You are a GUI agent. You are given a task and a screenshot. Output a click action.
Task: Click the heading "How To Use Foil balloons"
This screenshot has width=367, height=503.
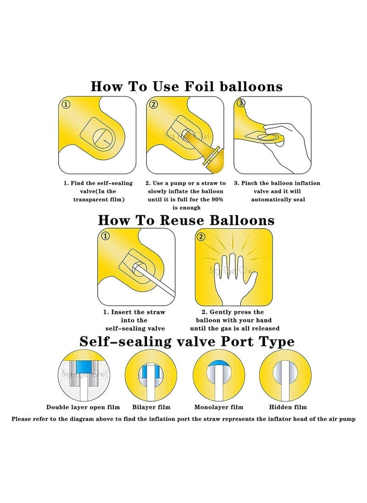tap(186, 86)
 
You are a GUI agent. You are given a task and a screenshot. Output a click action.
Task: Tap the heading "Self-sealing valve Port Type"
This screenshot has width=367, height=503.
tap(187, 341)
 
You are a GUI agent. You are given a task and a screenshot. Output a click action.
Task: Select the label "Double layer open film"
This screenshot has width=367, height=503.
tap(83, 407)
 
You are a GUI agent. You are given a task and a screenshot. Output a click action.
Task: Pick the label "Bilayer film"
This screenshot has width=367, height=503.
tap(151, 407)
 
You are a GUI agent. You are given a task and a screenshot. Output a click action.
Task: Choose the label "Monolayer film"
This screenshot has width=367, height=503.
tap(218, 407)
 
